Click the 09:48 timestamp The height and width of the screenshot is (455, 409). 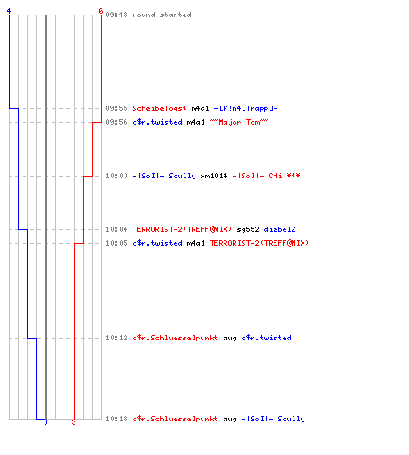click(116, 15)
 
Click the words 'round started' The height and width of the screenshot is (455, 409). click(162, 15)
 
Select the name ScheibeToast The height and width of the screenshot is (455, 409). click(159, 108)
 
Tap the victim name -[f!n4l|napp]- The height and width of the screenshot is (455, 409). click(245, 108)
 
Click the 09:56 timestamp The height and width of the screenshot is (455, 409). click(116, 122)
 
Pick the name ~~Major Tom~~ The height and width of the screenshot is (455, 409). click(239, 122)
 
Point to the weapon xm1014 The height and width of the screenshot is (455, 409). click(214, 176)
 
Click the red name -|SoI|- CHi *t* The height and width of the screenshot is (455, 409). click(266, 176)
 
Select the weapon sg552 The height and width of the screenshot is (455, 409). click(248, 229)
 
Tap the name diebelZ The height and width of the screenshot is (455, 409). click(280, 229)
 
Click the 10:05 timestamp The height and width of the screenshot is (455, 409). click(116, 243)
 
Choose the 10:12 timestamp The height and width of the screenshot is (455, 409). click(116, 338)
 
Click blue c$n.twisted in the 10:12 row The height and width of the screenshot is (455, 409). click(266, 338)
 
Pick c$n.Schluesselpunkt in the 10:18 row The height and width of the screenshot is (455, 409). click(175, 419)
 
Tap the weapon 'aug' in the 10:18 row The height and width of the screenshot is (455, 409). click(230, 420)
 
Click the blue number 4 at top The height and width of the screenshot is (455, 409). click(9, 11)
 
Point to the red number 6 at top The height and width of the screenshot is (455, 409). click(101, 11)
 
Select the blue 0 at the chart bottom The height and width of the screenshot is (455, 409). click(45, 422)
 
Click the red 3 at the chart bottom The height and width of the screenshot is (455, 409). click(74, 422)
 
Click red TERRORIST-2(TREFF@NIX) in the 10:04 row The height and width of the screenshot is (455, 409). click(182, 229)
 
